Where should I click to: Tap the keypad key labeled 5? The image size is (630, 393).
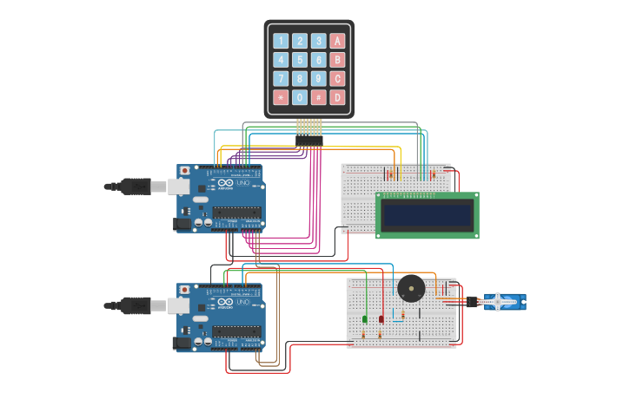click(x=300, y=60)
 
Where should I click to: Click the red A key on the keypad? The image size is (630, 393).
click(x=337, y=41)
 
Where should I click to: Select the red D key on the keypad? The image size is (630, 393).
click(x=337, y=98)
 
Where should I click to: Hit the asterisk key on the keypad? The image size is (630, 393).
click(x=281, y=98)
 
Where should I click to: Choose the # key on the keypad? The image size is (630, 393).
click(x=319, y=98)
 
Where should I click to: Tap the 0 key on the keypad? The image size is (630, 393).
click(x=300, y=98)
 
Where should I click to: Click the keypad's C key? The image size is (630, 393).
click(x=337, y=79)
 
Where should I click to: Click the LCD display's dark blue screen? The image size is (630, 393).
click(x=427, y=214)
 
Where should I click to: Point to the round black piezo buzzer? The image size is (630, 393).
click(x=411, y=288)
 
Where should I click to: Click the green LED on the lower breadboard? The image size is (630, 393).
click(x=365, y=319)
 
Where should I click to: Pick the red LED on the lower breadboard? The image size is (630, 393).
click(x=381, y=319)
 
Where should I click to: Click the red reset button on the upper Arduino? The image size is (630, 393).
click(x=184, y=171)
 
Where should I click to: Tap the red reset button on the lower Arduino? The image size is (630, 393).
click(x=184, y=289)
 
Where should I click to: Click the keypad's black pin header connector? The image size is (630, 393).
click(x=308, y=140)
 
